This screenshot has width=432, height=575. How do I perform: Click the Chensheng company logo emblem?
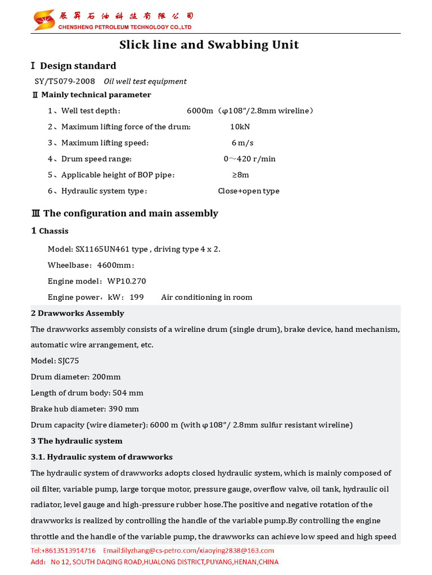click(x=44, y=20)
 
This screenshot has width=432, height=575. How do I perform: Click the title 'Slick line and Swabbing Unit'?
click(x=209, y=45)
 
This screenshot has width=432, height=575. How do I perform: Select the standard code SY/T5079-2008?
click(x=65, y=81)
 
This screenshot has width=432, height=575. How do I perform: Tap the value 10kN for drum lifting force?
click(x=240, y=127)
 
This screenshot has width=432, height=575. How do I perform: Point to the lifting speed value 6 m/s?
click(x=242, y=143)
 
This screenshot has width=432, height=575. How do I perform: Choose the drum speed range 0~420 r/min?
click(x=250, y=159)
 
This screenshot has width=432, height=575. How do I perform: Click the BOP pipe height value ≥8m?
click(x=241, y=175)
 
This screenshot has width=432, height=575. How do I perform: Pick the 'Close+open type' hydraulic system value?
click(x=249, y=191)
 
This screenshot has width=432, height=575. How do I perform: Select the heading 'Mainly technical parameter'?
click(x=96, y=95)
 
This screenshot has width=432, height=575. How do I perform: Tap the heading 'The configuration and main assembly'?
click(x=130, y=213)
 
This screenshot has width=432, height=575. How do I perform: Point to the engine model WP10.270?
click(x=127, y=281)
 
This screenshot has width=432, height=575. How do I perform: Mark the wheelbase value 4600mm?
click(x=115, y=265)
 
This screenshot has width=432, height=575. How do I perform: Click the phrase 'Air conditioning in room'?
click(x=206, y=297)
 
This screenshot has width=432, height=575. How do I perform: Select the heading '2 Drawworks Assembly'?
click(x=77, y=313)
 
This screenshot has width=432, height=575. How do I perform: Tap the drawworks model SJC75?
click(x=69, y=361)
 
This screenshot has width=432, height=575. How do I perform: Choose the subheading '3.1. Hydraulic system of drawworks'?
click(x=101, y=457)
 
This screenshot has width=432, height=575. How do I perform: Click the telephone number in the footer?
click(x=63, y=550)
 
